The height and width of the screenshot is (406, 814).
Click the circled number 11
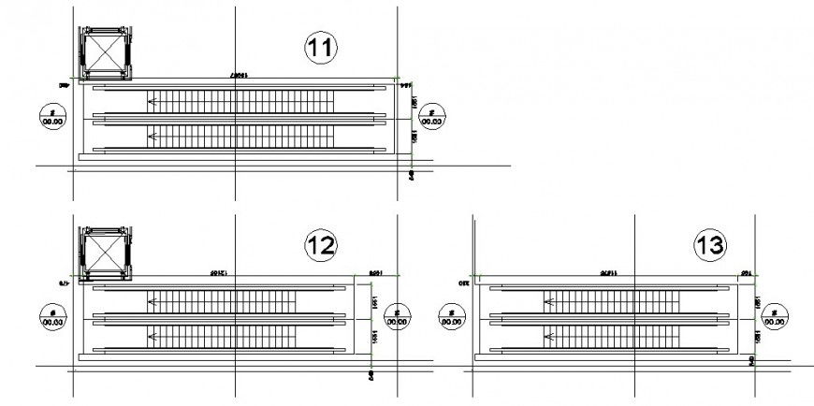pos(321,47)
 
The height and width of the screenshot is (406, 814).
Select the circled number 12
pos(321,245)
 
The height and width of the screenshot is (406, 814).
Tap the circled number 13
pos(709,246)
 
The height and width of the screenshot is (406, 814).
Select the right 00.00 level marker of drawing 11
pos(432,118)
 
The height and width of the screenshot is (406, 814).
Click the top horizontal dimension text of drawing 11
pos(240,74)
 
